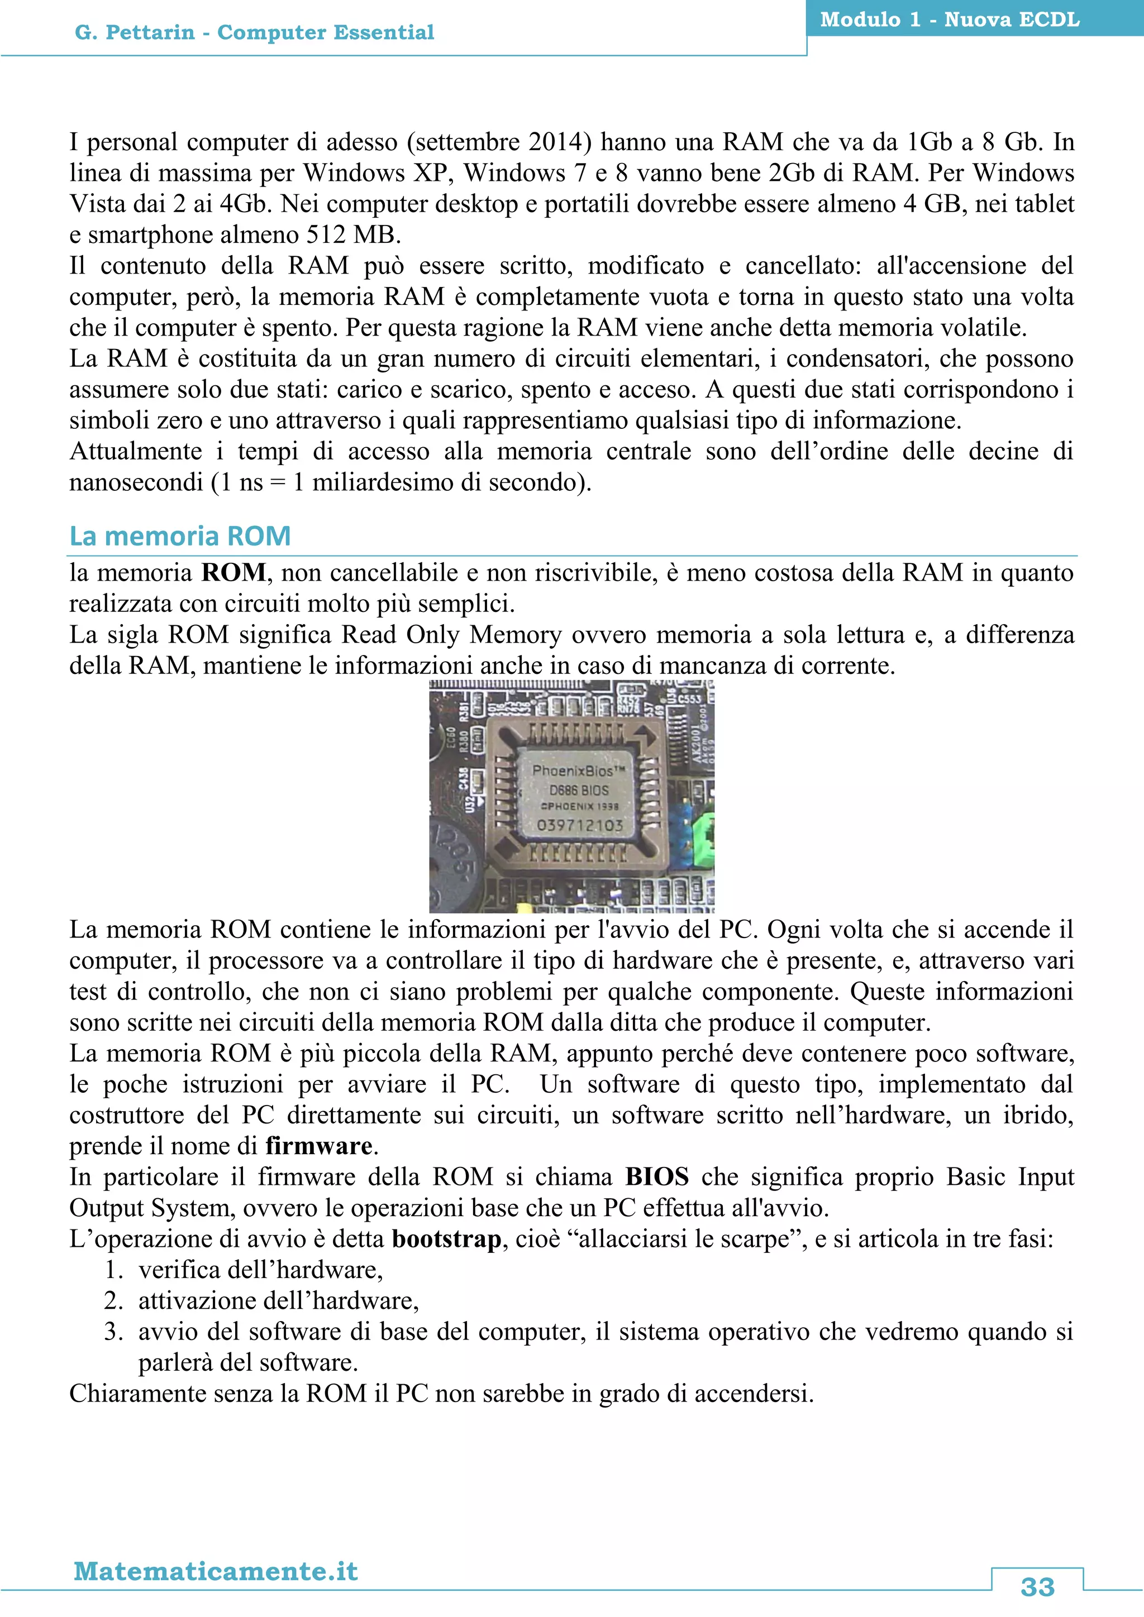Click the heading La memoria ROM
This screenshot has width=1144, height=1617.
click(180, 536)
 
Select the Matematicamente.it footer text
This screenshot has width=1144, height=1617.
click(216, 1571)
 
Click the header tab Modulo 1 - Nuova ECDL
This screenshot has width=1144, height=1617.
click(950, 20)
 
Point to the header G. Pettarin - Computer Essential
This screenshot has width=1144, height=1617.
click(254, 32)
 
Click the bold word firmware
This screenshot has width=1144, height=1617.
click(318, 1146)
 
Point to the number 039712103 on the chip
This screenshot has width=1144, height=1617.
click(579, 825)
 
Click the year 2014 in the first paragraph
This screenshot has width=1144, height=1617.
click(555, 142)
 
